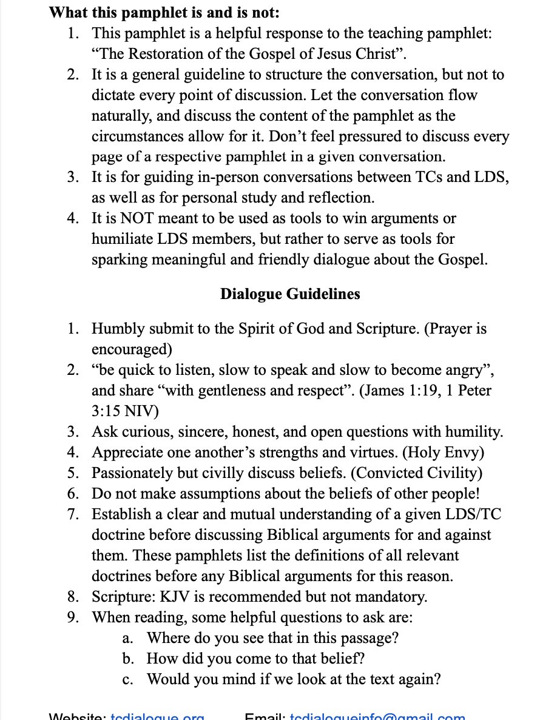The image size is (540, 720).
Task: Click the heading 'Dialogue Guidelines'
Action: pos(289,294)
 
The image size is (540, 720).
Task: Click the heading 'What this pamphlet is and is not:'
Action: pos(164,12)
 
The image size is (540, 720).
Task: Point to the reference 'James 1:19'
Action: pos(399,391)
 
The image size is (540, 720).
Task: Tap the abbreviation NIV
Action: pos(139,412)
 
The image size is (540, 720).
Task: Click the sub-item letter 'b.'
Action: pos(127,658)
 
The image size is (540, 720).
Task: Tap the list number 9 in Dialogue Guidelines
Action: pos(73,617)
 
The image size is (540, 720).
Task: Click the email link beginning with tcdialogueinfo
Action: pos(377,716)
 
